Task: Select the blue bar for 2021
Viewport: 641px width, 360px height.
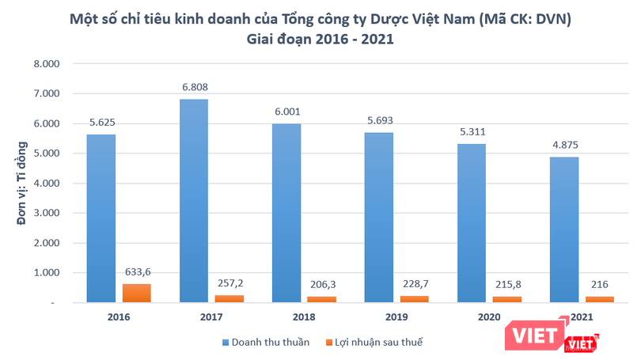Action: coord(563,229)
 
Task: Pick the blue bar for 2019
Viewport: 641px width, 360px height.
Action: coord(378,217)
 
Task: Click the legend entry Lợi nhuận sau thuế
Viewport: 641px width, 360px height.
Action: coord(381,343)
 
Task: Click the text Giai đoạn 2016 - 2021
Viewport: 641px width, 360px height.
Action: coord(320,36)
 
